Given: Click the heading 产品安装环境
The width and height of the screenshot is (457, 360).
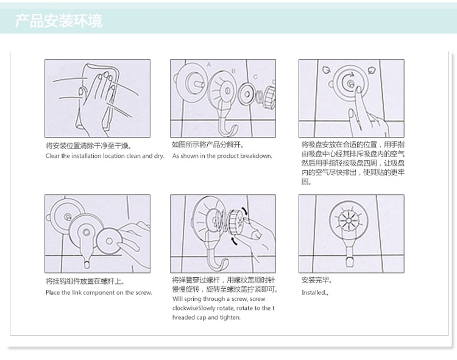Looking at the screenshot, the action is pos(58,21).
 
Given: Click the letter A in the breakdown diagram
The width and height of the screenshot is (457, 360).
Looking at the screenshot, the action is pos(208,65).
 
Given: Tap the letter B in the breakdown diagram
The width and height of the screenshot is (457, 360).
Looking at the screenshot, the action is pos(233,71).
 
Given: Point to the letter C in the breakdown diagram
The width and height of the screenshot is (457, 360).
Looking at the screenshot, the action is pos(255,77).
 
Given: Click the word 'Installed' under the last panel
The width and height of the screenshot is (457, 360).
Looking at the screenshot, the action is pos(314,292).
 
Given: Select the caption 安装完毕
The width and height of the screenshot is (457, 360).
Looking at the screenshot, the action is pos(316,280).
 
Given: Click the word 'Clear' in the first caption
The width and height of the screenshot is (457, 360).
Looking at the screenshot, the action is pos(52,156).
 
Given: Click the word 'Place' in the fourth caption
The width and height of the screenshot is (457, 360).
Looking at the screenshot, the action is pos(53,292).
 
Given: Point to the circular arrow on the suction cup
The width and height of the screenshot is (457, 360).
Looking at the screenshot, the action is pos(346,80).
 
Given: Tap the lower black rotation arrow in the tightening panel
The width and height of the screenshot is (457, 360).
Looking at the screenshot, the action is pos(234,241).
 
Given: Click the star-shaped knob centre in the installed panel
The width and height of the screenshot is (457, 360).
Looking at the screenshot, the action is pos(349,220).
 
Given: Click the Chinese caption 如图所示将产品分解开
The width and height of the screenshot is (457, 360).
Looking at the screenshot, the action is pos(208,145).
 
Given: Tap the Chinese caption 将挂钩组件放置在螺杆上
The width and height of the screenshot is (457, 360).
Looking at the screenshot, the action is pos(85,281).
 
